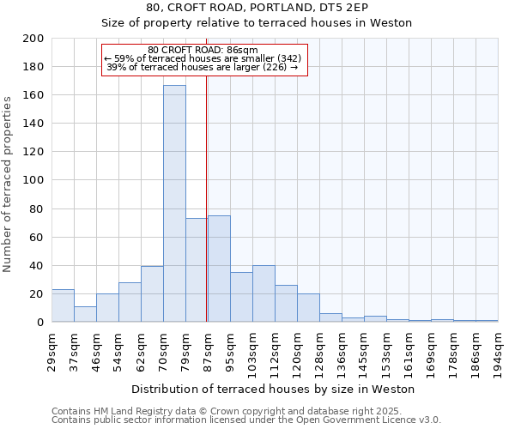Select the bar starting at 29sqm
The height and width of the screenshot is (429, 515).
pyautogui.click(x=63, y=306)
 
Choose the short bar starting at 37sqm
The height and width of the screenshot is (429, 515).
pyautogui.click(x=85, y=314)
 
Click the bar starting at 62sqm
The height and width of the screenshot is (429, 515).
pyautogui.click(x=152, y=294)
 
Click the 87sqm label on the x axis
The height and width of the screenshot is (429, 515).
pyautogui.click(x=208, y=349)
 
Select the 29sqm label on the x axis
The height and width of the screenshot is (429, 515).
pyautogui.click(x=52, y=349)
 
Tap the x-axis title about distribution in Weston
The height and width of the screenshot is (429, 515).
pyautogui.click(x=274, y=389)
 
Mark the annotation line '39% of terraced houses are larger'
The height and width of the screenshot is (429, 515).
pyautogui.click(x=202, y=67)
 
